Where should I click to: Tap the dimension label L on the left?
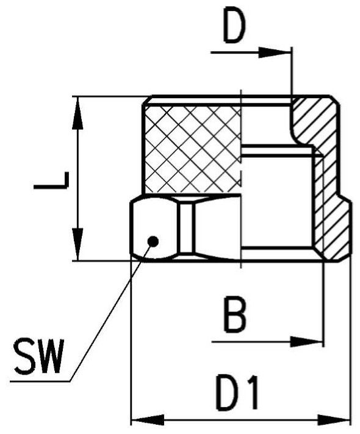tap(51, 180)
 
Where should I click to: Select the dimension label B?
tap(235, 315)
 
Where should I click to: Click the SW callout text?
tap(39, 355)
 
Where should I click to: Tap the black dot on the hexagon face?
tap(153, 241)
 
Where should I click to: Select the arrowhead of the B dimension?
tap(306, 342)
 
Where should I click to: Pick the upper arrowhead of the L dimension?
tap(77, 113)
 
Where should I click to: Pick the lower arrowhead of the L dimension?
tap(77, 244)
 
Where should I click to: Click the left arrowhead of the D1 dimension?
tap(148, 420)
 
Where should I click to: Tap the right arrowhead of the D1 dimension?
tap(334, 420)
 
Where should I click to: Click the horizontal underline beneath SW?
tap(40, 382)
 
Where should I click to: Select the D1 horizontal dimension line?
tap(240, 420)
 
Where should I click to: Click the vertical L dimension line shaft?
tap(77, 179)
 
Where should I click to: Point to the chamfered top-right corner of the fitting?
tap(334, 100)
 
